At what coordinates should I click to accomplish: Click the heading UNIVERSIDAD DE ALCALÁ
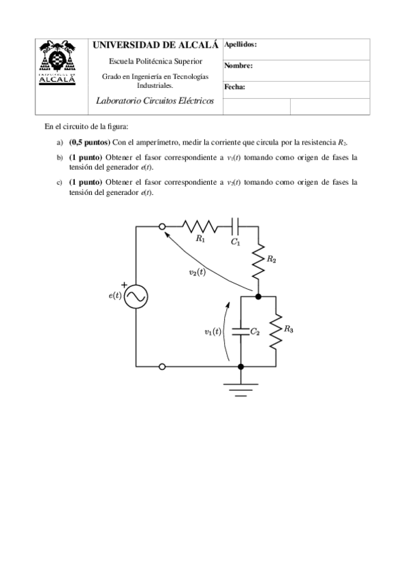point(155,45)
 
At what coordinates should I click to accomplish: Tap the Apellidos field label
point(240,44)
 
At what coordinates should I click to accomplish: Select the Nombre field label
point(238,66)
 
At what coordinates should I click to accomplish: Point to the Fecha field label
point(234,87)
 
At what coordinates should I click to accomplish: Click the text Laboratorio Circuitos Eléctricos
point(156,101)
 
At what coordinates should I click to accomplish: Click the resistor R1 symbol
point(199,226)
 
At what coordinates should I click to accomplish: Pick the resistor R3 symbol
point(276,331)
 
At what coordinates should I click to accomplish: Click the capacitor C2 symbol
point(240,331)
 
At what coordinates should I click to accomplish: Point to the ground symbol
point(240,389)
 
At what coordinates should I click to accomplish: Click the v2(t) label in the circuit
point(197,273)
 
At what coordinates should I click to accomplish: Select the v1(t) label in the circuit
point(213,332)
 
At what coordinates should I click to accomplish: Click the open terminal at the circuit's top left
point(162,226)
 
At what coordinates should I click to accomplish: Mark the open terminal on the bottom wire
point(162,367)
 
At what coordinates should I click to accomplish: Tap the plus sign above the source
point(124,284)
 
